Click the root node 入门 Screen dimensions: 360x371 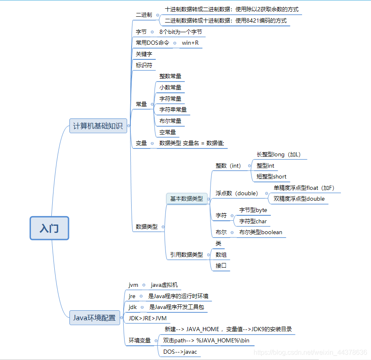click(x=49, y=228)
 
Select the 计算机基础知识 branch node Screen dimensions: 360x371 click(x=98, y=126)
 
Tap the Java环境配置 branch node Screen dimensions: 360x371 click(x=94, y=318)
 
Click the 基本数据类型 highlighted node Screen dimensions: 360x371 click(x=186, y=199)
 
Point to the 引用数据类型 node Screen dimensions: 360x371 click(x=186, y=254)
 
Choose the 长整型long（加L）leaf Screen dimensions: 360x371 click(x=278, y=155)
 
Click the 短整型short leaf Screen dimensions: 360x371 click(x=271, y=176)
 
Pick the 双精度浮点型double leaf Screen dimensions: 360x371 click(x=299, y=199)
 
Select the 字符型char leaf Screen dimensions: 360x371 click(x=253, y=221)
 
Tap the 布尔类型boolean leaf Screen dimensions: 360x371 click(x=261, y=232)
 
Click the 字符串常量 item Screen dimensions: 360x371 click(x=173, y=110)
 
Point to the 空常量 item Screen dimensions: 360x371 click(x=168, y=132)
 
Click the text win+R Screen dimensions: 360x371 click(x=190, y=43)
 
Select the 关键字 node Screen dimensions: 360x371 click(x=144, y=54)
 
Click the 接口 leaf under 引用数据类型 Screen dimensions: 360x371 click(x=221, y=266)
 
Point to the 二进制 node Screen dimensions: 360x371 click(x=144, y=15)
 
